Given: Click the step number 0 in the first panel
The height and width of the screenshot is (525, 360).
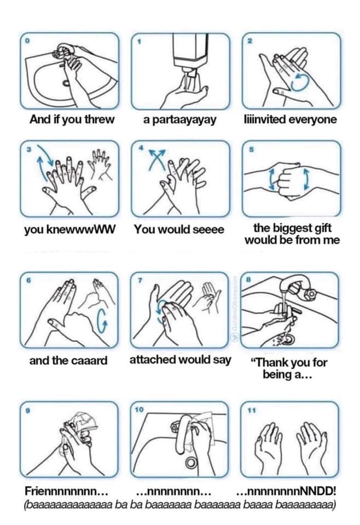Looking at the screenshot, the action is coord(28,40).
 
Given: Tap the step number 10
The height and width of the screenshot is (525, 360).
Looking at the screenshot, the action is coord(140,409).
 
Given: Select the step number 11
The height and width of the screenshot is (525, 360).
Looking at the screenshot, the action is coord(251,411).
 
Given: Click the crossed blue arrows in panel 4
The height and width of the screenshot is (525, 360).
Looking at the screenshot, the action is coord(156,159).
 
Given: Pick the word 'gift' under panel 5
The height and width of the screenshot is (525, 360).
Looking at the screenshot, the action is coord(321,228).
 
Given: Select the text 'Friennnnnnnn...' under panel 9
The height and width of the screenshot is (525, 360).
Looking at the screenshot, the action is coord(66,492).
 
